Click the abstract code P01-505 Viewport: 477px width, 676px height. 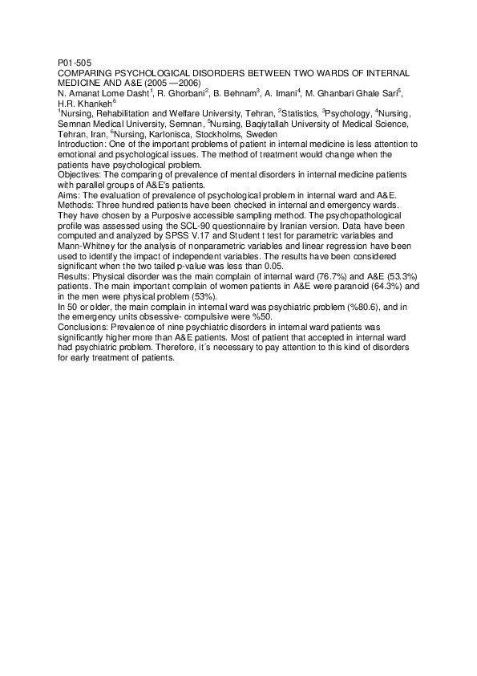[x=75, y=63]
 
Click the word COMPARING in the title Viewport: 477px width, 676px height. [x=83, y=73]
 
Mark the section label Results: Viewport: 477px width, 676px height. [x=75, y=277]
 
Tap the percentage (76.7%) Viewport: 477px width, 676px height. [x=321, y=277]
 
